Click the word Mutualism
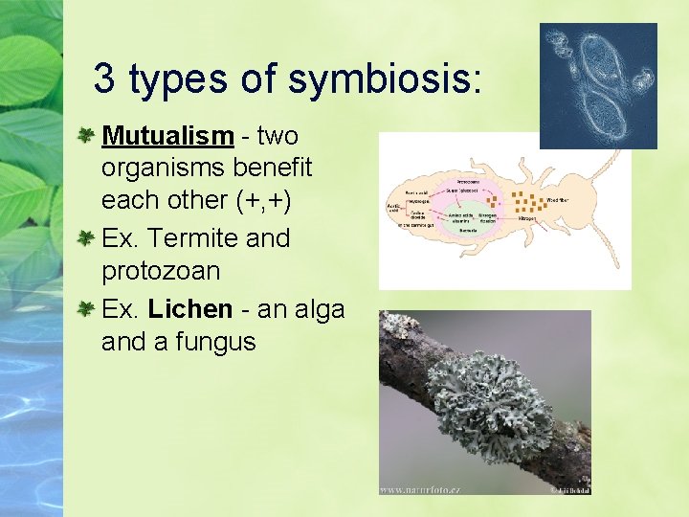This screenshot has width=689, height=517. (167, 136)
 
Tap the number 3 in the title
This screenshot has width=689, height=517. (104, 79)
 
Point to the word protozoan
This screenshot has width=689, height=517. (160, 271)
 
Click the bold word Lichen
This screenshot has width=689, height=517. (189, 309)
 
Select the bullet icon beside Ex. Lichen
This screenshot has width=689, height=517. (86, 309)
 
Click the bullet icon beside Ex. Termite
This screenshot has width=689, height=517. (86, 237)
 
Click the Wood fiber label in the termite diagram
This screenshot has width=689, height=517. (558, 200)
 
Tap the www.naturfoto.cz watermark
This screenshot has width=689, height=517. (420, 489)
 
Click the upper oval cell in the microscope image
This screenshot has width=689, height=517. (604, 58)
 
